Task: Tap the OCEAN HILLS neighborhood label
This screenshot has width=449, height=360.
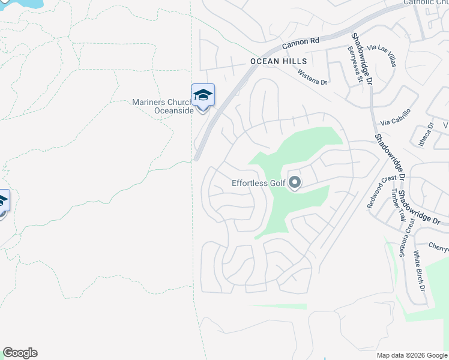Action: tap(279, 62)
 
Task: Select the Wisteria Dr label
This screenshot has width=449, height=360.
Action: tap(312, 77)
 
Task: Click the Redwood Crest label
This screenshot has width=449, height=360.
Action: tap(382, 191)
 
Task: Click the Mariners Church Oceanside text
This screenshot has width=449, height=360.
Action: tap(163, 106)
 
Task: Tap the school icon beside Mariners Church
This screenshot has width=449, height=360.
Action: tap(203, 95)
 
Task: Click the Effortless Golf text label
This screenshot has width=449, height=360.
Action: tap(257, 184)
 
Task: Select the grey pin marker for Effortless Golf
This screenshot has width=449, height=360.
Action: tap(294, 182)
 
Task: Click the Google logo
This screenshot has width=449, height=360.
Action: tap(20, 353)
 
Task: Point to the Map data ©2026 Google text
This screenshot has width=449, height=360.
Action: tap(411, 355)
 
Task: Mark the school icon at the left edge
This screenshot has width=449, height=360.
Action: tap(3, 201)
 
